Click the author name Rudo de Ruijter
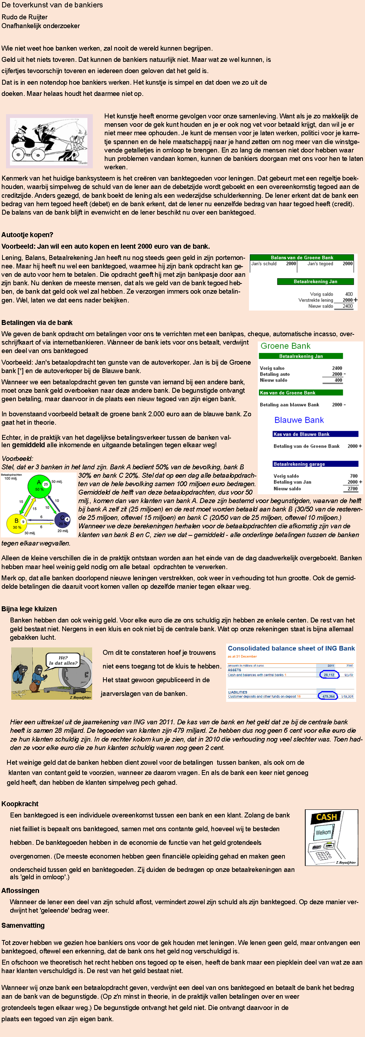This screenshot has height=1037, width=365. (x=25, y=17)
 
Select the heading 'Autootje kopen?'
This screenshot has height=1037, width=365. (x=27, y=235)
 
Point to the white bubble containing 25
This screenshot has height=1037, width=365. (x=45, y=484)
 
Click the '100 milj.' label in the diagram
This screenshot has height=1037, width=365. (x=11, y=479)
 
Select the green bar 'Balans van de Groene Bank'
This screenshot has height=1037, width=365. (x=302, y=257)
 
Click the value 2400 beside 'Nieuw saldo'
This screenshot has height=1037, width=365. (x=347, y=306)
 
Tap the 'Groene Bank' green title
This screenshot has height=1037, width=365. (x=285, y=346)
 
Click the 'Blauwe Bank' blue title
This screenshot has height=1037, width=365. (x=299, y=420)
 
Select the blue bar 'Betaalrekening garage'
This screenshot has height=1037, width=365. (x=315, y=464)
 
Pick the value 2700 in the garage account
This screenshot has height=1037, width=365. (x=352, y=489)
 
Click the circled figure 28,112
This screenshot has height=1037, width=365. (x=329, y=675)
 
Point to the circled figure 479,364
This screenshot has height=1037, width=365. (x=328, y=696)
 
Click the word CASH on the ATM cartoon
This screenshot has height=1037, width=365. (x=326, y=817)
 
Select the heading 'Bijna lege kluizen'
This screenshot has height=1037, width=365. (x=29, y=609)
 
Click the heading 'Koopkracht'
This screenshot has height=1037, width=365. (x=20, y=803)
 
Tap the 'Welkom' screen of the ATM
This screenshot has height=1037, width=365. (x=323, y=833)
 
